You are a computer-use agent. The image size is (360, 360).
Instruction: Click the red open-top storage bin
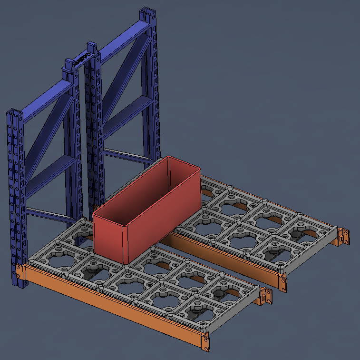143,214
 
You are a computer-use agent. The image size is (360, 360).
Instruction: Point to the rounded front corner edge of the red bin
125,243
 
